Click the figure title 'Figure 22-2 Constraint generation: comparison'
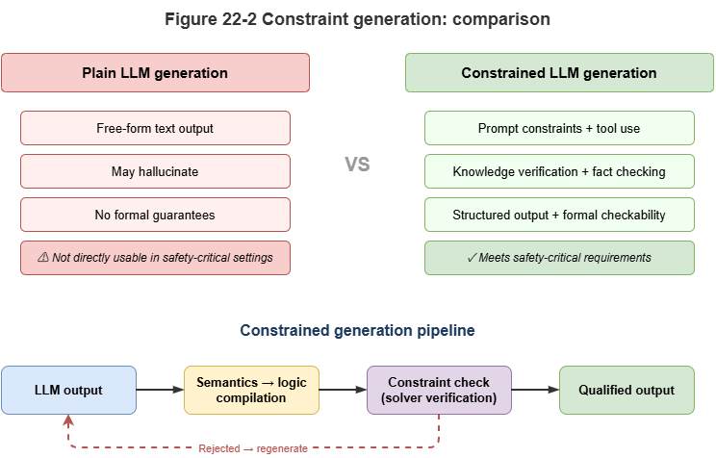pyautogui.click(x=357, y=18)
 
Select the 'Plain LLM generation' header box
pyautogui.click(x=155, y=73)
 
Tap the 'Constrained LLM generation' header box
pyautogui.click(x=559, y=73)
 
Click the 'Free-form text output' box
pyautogui.click(x=155, y=128)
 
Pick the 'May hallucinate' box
pyautogui.click(x=155, y=171)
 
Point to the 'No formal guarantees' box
pyautogui.click(x=155, y=215)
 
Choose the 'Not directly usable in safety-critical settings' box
pyautogui.click(x=155, y=257)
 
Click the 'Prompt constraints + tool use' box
pyautogui.click(x=559, y=128)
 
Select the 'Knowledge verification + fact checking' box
pyautogui.click(x=559, y=171)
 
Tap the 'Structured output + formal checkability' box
pyautogui.click(x=559, y=215)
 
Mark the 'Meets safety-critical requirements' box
pyautogui.click(x=559, y=257)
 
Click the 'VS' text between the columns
pyautogui.click(x=357, y=165)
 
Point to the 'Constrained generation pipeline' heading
pyautogui.click(x=357, y=330)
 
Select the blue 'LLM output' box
pyautogui.click(x=68, y=390)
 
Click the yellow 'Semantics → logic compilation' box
pyautogui.click(x=251, y=390)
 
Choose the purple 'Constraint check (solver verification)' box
pyautogui.click(x=439, y=390)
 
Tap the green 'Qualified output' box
pyautogui.click(x=626, y=390)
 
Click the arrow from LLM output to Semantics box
pyautogui.click(x=160, y=390)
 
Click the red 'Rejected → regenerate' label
pyautogui.click(x=252, y=448)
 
